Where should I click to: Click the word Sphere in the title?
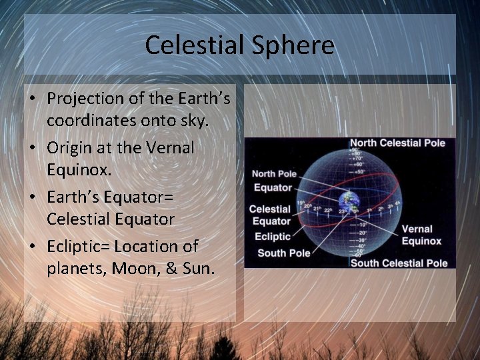293,45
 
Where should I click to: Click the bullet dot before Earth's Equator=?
33,197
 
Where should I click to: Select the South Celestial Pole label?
399,263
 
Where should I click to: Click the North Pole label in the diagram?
273,174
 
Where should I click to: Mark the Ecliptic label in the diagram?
272,236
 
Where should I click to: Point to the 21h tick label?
317,209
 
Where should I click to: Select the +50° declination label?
359,171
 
